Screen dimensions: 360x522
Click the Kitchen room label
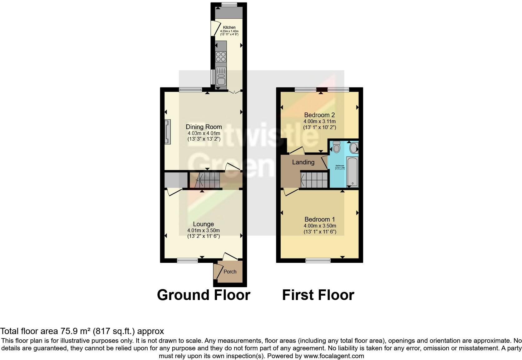[229, 27]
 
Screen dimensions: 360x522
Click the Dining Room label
[204, 127]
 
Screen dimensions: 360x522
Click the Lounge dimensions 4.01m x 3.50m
[204, 231]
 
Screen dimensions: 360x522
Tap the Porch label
[230, 272]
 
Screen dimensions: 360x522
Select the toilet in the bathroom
[336, 147]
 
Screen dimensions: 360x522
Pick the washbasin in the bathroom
[354, 148]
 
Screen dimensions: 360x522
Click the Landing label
[303, 162]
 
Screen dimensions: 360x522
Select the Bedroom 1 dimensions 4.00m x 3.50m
[320, 226]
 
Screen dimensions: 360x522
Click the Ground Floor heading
[204, 295]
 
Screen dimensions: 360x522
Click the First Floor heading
[318, 295]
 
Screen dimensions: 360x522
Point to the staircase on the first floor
[314, 180]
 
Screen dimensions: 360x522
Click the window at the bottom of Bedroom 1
[318, 260]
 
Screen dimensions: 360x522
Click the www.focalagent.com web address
[334, 356]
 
